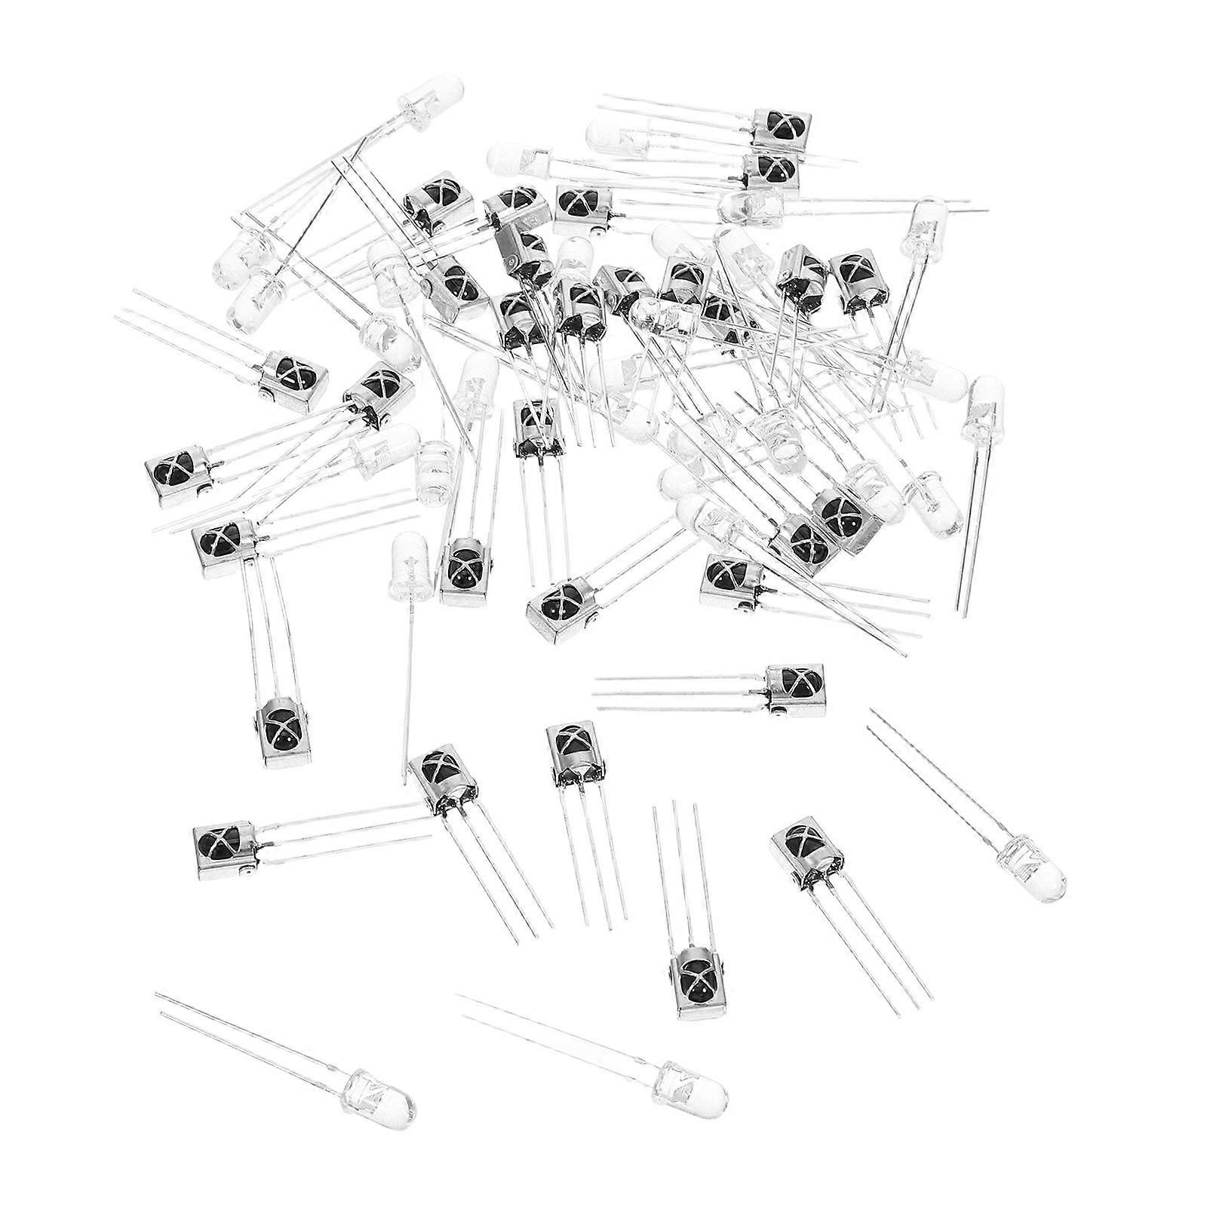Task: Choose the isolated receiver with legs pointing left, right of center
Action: (x=796, y=686)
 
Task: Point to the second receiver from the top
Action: (x=769, y=170)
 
